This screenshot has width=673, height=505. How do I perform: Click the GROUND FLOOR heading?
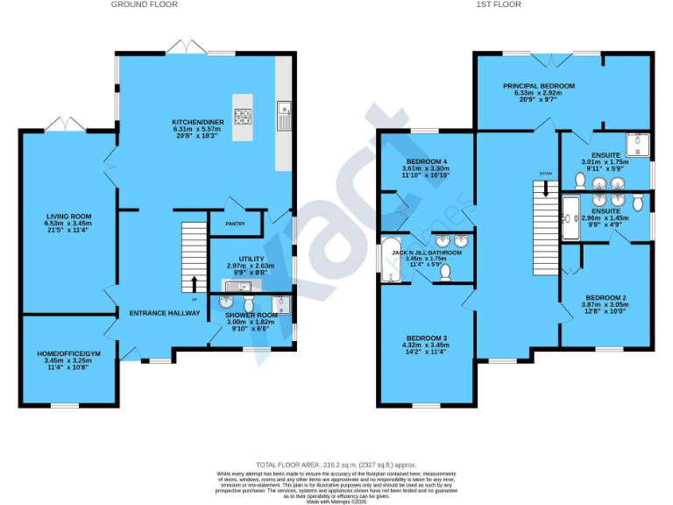(144, 4)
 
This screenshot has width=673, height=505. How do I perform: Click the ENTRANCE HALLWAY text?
(160, 313)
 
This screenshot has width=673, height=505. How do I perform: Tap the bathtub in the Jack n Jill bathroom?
(390, 260)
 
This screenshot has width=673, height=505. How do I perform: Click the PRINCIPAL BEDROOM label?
(538, 86)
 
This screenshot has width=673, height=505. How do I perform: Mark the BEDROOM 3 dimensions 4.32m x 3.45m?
(425, 346)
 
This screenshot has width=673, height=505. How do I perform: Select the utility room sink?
(237, 285)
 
